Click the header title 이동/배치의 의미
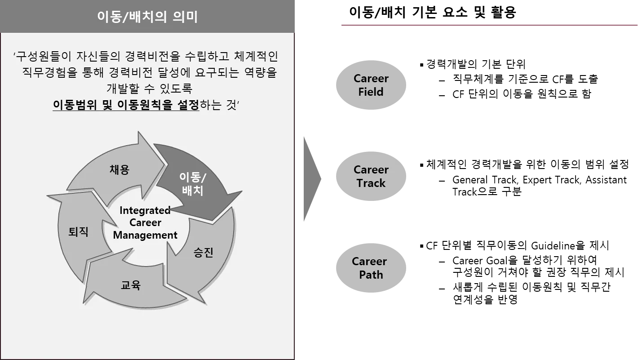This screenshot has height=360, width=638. click(x=147, y=17)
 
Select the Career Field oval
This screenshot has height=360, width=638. click(x=370, y=85)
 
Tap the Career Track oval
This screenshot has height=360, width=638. click(x=370, y=176)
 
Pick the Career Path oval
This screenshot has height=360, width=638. click(x=370, y=268)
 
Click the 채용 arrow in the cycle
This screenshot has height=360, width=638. click(x=119, y=169)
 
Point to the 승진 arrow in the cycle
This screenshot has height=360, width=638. click(x=203, y=253)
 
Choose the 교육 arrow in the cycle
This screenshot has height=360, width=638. click(x=131, y=285)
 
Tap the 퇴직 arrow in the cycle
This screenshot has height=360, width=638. click(x=78, y=232)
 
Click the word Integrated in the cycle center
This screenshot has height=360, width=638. click(x=145, y=210)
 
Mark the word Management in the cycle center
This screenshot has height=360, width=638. click(x=145, y=235)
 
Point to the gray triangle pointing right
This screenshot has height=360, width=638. click(x=311, y=178)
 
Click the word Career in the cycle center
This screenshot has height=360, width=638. click(x=145, y=222)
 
